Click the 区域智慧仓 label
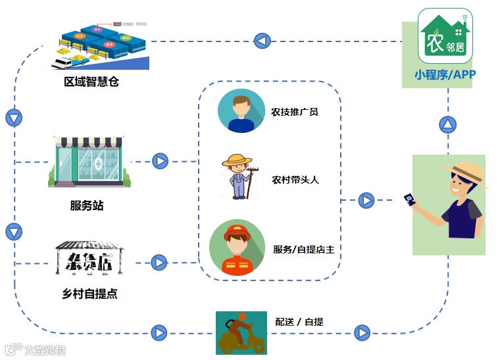91,82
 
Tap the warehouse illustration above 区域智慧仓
101,44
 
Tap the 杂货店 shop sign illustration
89,257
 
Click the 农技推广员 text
295,112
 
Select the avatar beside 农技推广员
241,111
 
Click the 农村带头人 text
295,179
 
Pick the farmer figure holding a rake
237,176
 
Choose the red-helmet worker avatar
237,248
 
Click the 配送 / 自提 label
299,322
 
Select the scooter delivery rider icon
241,333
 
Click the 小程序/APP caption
445,74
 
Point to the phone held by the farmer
411,199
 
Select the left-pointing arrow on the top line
262,41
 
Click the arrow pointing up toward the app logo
448,124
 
